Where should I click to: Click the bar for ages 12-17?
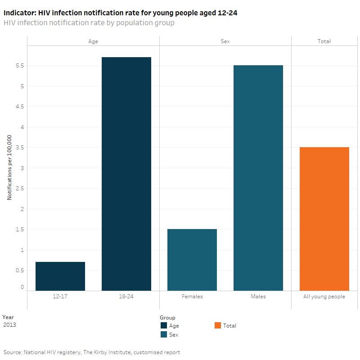(x=60, y=276)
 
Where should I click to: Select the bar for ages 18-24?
(x=126, y=174)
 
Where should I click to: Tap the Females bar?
(x=192, y=260)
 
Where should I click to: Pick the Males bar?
(x=258, y=178)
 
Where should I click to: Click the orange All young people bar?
(x=324, y=219)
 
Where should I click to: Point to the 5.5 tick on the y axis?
(x=20, y=66)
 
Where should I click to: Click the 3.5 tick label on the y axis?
(x=20, y=148)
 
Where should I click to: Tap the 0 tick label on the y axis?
(x=22, y=287)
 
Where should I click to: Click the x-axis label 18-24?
(x=126, y=297)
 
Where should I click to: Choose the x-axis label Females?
(x=192, y=297)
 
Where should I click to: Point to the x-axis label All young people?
(x=324, y=297)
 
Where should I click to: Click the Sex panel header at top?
(x=225, y=41)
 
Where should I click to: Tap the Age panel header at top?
(x=93, y=41)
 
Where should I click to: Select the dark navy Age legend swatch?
(x=163, y=326)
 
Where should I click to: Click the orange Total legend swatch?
(x=218, y=326)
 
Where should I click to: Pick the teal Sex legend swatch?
(x=163, y=334)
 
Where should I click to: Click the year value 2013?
(x=9, y=324)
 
